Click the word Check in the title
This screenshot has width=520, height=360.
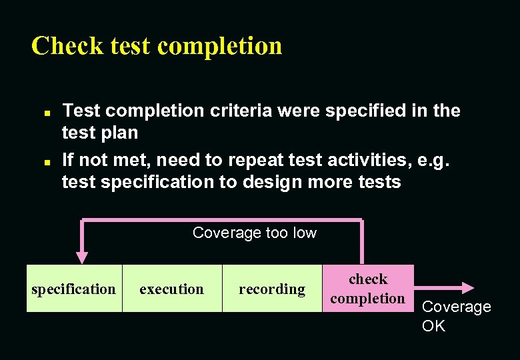[x=67, y=46]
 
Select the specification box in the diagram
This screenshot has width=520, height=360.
[x=74, y=289]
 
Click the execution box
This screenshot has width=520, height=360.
[x=171, y=289]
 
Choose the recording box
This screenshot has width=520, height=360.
[x=272, y=289]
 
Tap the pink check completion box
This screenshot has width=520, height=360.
[x=367, y=289]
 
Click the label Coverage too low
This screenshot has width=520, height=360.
[x=254, y=233]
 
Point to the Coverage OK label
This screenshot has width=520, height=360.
[x=456, y=316]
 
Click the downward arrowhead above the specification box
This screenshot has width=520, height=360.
[x=81, y=257]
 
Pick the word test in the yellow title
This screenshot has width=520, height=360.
[x=131, y=46]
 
